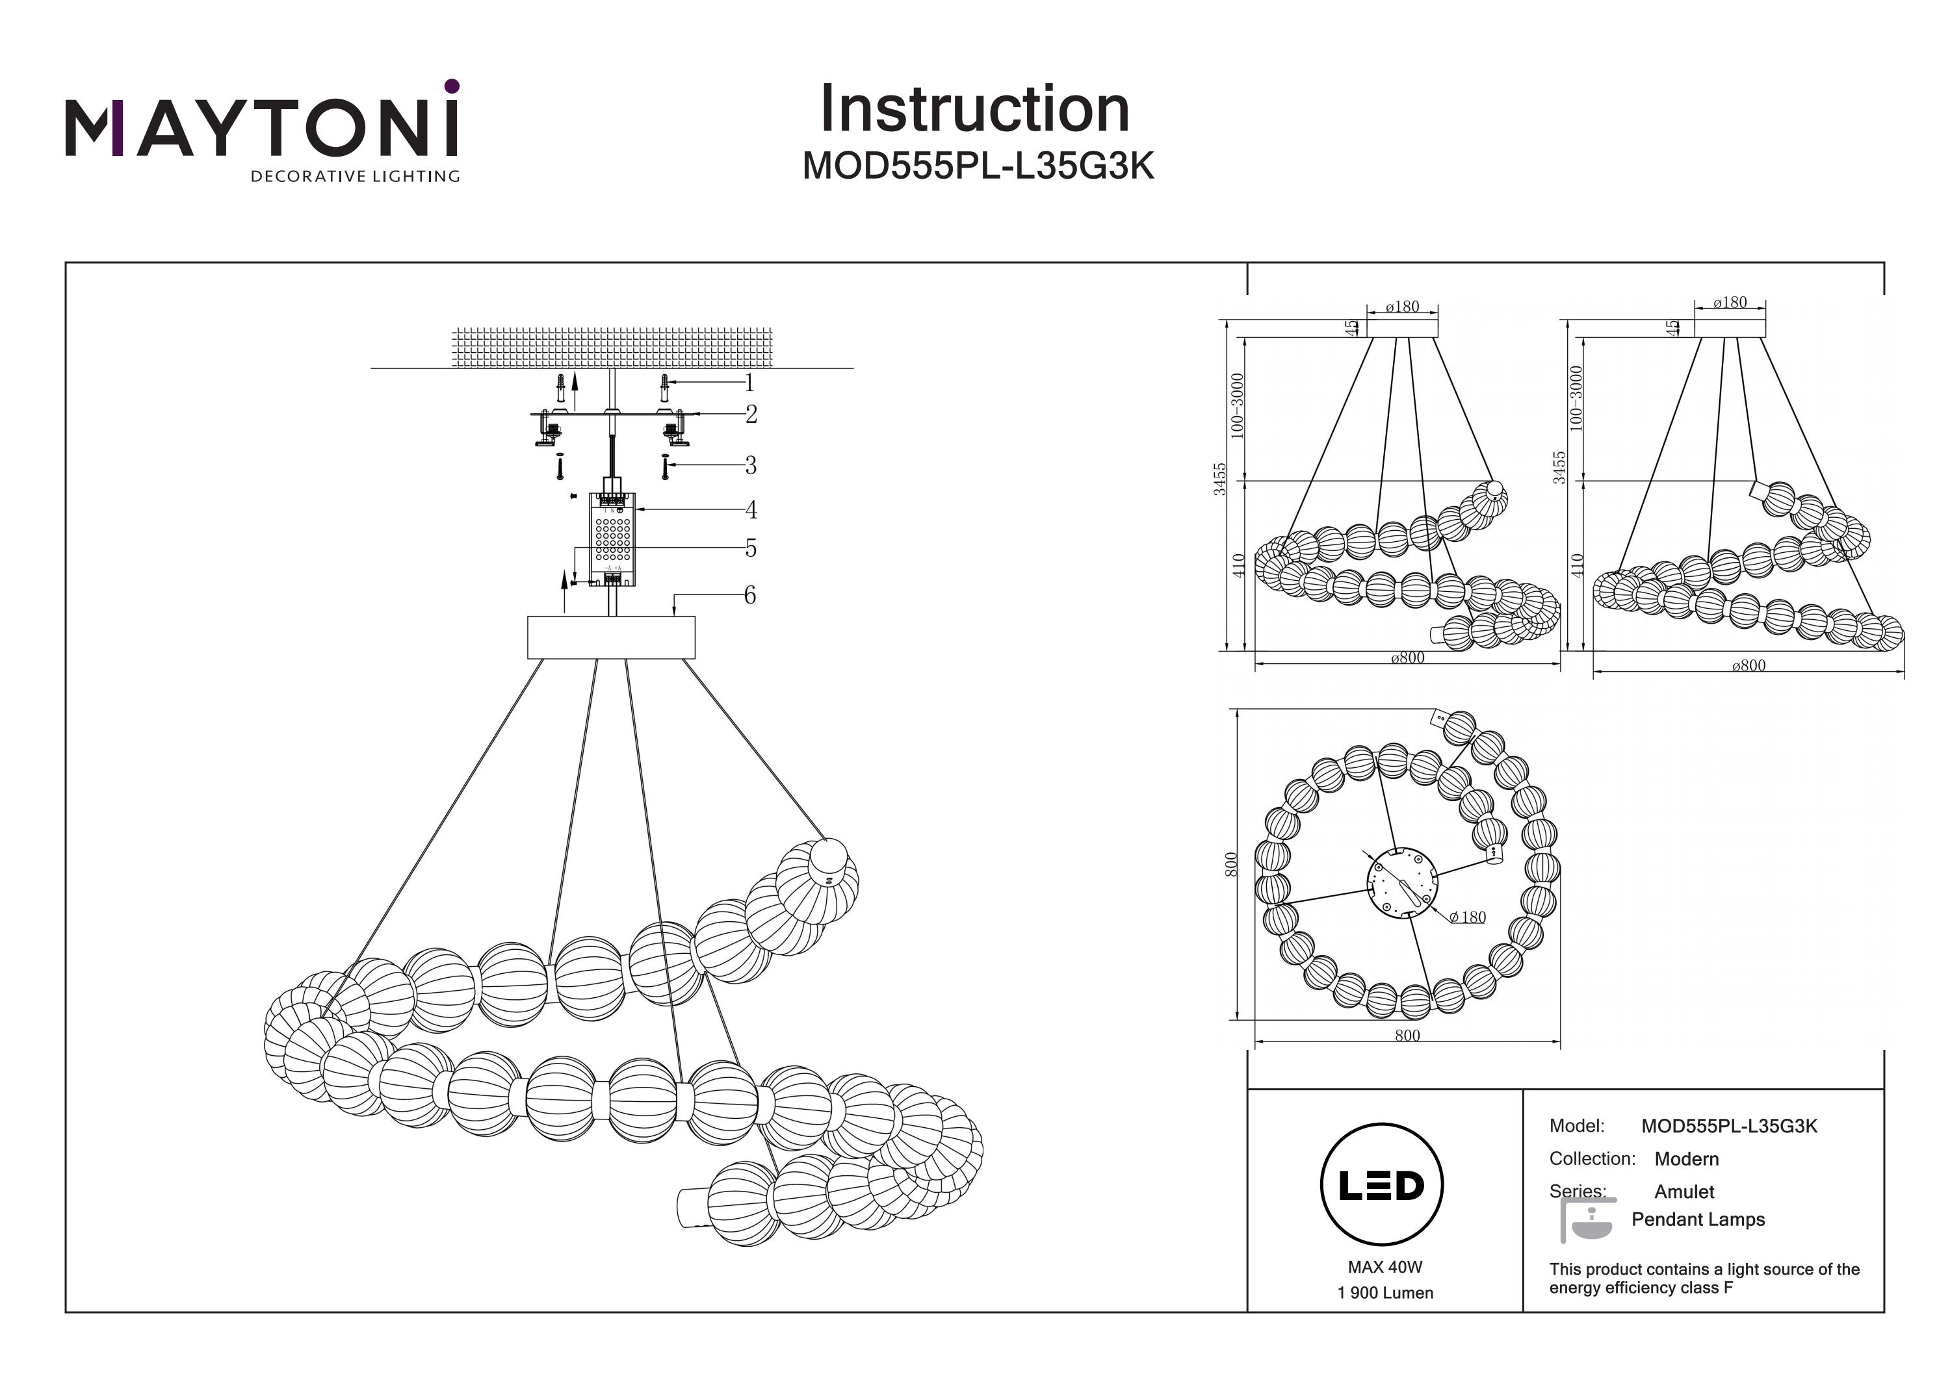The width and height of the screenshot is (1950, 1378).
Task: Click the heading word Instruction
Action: tap(974, 110)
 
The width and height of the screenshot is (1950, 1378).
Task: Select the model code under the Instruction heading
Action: tap(978, 166)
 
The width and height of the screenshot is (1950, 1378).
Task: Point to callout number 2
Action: tap(751, 415)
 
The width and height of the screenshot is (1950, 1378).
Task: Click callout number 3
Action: tap(750, 465)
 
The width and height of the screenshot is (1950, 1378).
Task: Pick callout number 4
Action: tap(751, 509)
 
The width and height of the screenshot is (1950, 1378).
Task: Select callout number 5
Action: tap(751, 548)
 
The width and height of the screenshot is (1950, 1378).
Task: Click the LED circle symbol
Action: tap(1381, 1185)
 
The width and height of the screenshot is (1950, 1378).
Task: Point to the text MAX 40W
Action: tap(1384, 1267)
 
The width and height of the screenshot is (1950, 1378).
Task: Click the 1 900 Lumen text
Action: tap(1384, 1293)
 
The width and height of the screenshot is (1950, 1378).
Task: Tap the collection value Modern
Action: tap(1686, 1159)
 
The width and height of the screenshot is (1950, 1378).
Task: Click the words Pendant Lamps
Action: tap(1698, 1219)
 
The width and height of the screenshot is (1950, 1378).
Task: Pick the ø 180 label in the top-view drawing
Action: tap(1467, 917)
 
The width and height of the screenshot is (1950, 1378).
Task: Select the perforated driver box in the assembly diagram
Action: tap(612, 537)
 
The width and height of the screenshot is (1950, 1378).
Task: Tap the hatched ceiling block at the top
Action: tap(612, 347)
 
